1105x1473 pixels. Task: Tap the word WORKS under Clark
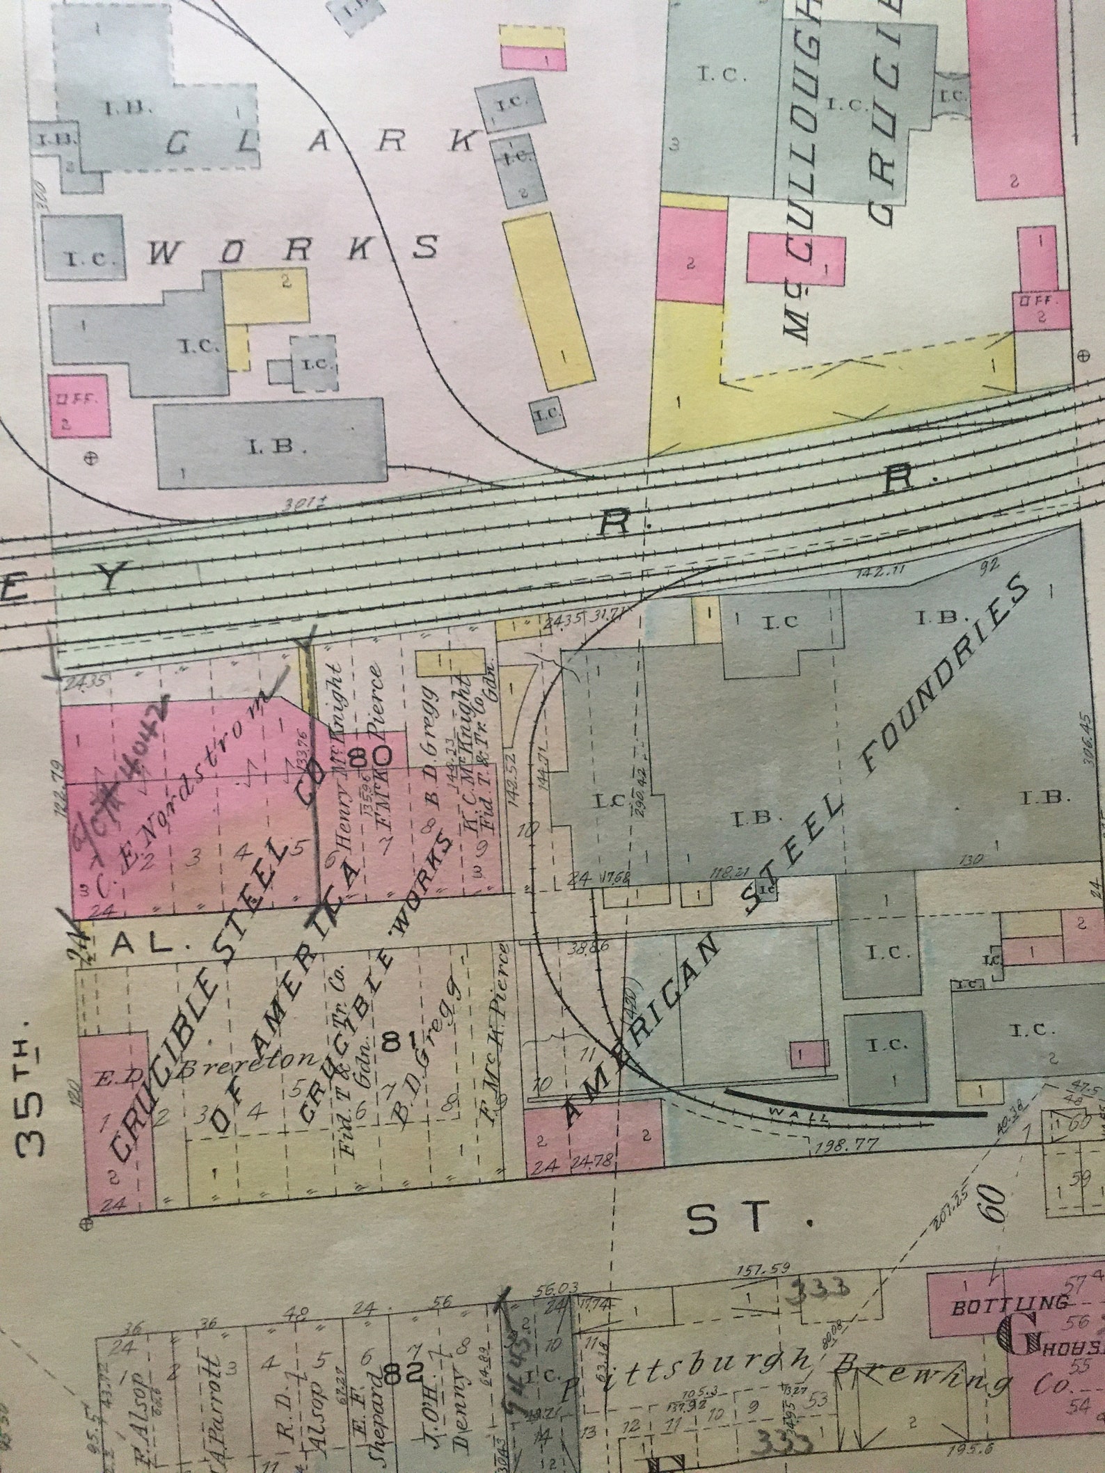pyautogui.click(x=293, y=248)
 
